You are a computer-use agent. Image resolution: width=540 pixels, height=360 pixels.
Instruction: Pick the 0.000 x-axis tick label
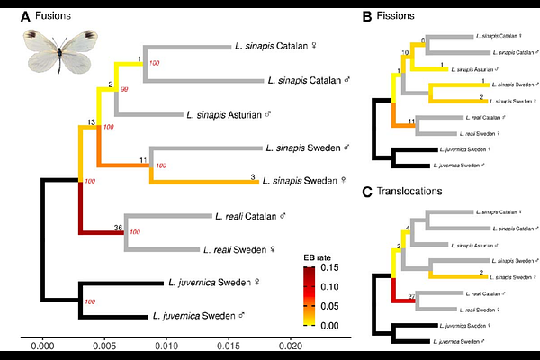42,346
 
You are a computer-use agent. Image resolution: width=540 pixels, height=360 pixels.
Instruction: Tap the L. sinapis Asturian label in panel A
229,115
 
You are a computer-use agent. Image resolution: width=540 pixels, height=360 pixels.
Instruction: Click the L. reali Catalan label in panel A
248,216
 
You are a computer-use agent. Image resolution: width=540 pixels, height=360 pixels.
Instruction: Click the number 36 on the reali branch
118,227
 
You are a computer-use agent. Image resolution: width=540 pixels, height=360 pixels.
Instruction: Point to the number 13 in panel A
91,121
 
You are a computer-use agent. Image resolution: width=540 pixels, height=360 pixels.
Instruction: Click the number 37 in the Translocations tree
411,296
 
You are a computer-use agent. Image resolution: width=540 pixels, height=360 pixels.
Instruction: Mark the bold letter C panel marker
367,192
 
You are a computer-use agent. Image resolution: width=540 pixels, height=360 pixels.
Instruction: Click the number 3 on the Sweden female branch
253,176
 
